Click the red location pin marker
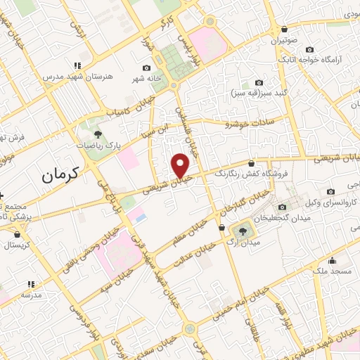tap(181, 165)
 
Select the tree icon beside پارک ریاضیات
tap(98, 134)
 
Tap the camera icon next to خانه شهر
tap(146, 69)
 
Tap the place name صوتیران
tap(283, 40)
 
